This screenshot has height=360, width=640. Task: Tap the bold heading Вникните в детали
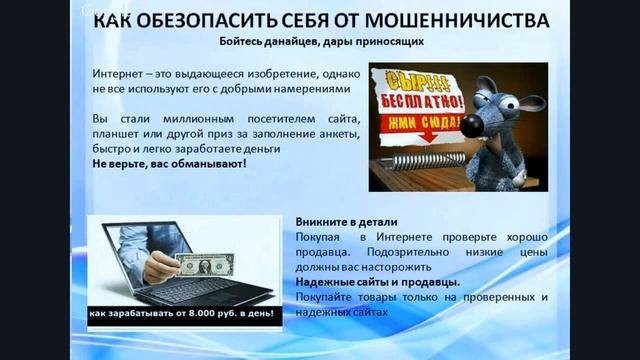click(x=347, y=221)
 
